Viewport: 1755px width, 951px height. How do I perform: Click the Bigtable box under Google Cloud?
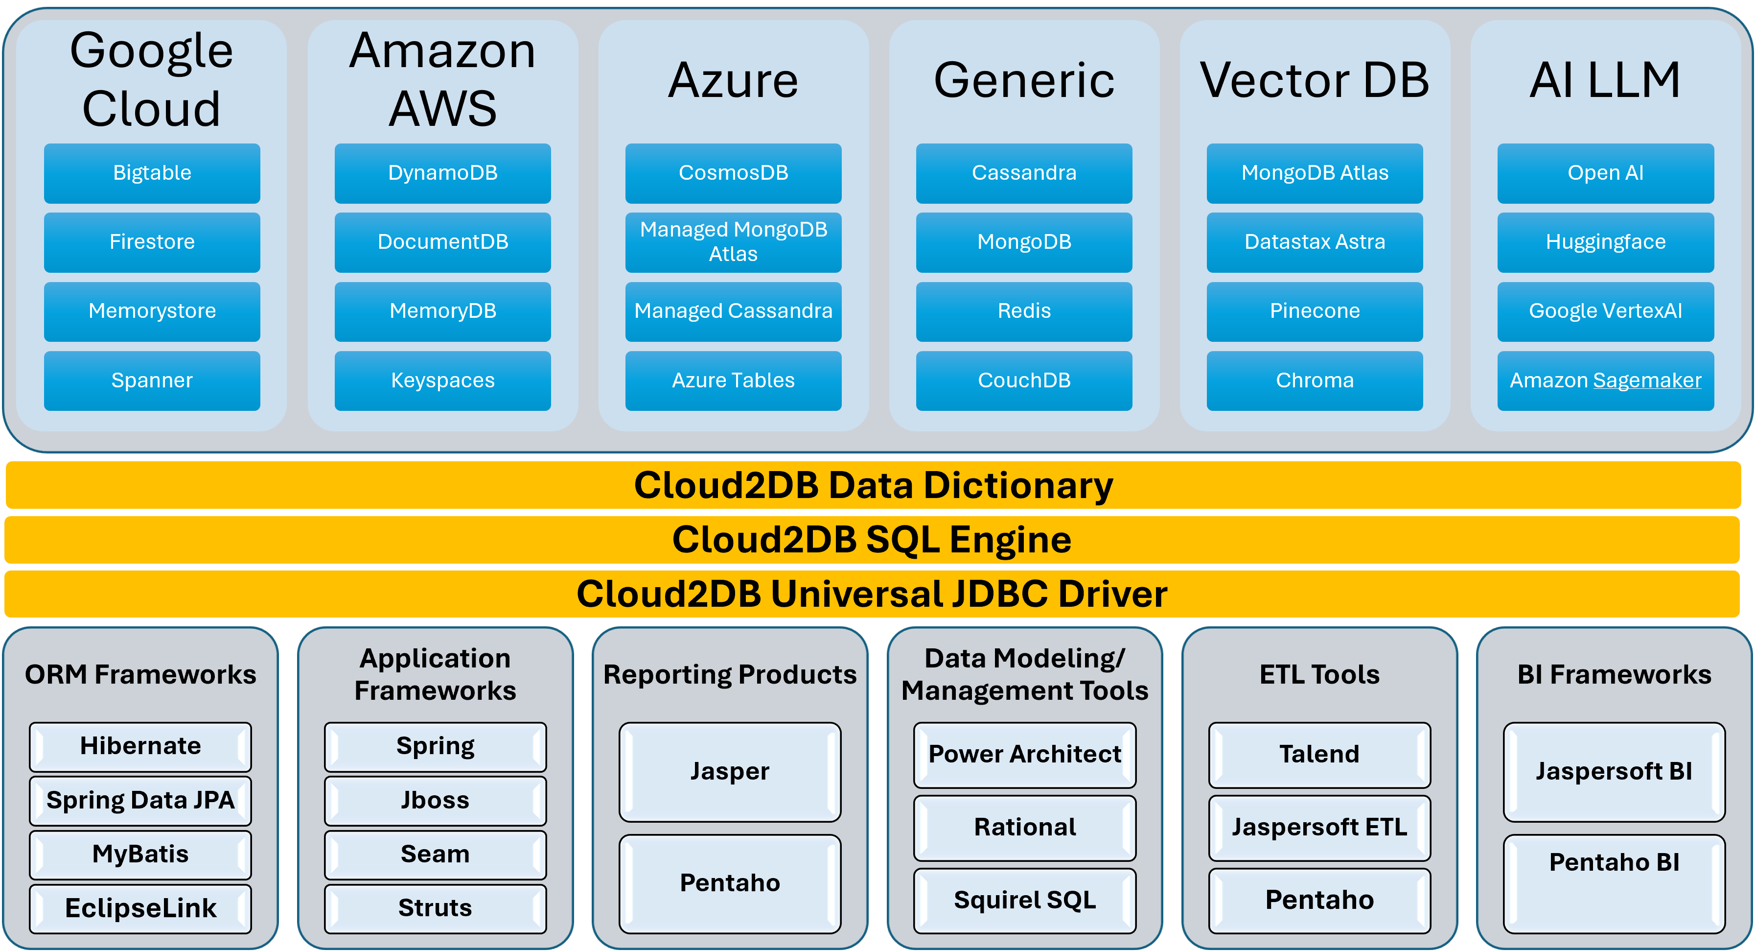(152, 173)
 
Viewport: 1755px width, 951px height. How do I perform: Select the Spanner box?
(152, 380)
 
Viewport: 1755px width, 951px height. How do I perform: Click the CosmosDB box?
(733, 173)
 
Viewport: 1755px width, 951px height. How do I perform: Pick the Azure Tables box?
(733, 380)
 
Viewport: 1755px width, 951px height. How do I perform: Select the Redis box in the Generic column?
(1024, 311)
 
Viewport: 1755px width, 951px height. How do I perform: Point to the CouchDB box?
(1024, 380)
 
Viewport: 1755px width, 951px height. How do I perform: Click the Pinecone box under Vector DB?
(1314, 311)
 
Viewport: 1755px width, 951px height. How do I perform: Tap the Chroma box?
(1314, 380)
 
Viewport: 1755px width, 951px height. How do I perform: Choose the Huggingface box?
(1605, 242)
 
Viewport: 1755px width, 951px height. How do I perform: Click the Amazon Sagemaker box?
(1605, 380)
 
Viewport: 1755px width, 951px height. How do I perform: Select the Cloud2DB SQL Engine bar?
(872, 540)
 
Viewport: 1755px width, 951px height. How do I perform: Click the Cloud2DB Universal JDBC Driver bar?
(872, 594)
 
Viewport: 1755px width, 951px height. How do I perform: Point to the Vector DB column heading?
(1314, 80)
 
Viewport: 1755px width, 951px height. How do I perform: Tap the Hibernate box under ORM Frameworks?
(140, 746)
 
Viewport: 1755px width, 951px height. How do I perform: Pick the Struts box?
(436, 908)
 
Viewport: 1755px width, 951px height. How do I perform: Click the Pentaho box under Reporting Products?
(730, 883)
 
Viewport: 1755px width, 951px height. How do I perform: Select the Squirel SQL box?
(1025, 901)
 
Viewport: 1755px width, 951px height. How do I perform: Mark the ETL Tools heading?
(1319, 675)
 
